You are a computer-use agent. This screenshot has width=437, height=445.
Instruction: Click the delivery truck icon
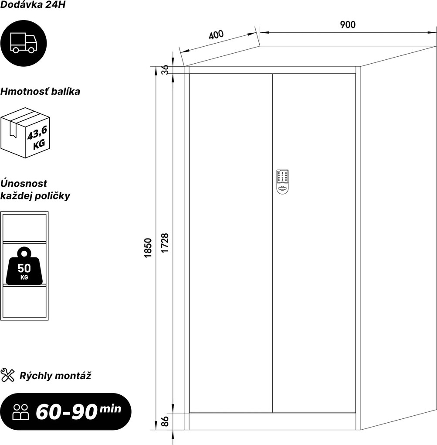coord(23,43)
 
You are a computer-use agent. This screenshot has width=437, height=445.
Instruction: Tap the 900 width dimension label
coord(347,25)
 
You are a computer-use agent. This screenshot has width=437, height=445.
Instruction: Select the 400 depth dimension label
coord(216,34)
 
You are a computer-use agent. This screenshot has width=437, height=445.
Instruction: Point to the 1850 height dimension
coord(148,248)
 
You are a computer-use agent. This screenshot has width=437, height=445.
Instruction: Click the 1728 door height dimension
coord(165,243)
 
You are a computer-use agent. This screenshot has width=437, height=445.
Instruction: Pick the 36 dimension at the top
coord(165,69)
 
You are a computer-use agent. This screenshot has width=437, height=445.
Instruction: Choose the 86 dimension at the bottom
coord(165,421)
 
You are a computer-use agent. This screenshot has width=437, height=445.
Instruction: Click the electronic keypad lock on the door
coord(282,182)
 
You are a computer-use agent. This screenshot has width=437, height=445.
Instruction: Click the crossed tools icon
coord(8,375)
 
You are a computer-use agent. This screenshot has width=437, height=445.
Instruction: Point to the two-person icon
coord(20,412)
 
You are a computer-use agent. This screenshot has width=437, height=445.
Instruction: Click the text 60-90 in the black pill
coord(67,412)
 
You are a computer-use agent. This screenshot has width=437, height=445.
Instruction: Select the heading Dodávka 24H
coord(33,5)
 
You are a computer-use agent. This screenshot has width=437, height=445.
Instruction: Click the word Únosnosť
coord(24,183)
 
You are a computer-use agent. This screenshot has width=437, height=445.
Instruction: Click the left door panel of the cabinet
coord(230,243)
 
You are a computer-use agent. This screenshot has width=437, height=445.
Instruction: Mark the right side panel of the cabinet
coord(398,238)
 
